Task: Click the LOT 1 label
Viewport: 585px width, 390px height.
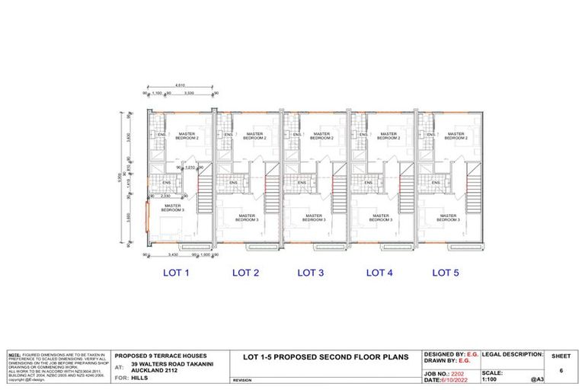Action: (177, 272)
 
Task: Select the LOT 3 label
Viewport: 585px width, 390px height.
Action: (310, 272)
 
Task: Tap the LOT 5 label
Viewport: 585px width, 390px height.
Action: (446, 272)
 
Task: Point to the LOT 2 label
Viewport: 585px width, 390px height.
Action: (245, 272)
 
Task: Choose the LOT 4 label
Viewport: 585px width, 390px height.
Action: (379, 272)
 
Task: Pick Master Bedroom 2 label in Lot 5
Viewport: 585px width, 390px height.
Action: (455, 136)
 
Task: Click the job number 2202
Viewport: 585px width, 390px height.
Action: (457, 373)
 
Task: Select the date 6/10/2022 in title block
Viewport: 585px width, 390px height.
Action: (460, 380)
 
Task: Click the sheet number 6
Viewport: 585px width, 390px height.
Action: (561, 371)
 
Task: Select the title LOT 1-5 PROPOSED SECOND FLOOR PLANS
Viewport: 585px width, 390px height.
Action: (325, 356)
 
